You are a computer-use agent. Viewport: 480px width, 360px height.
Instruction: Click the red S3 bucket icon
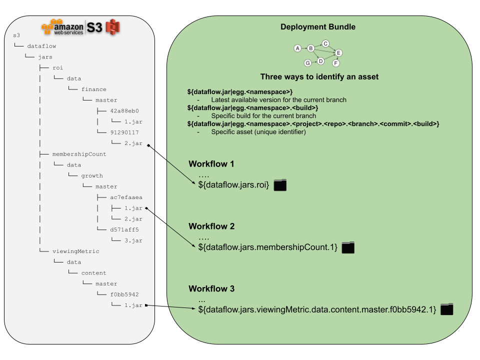point(114,26)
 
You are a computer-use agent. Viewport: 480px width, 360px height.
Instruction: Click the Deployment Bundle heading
point(318,27)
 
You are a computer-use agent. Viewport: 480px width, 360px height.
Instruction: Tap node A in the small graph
point(297,48)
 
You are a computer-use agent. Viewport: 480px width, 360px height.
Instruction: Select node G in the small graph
point(307,63)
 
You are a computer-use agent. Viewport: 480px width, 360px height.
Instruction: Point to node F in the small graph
point(336,63)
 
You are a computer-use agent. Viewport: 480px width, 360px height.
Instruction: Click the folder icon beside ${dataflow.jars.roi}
point(280,185)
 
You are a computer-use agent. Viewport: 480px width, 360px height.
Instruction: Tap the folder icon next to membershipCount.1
point(348,247)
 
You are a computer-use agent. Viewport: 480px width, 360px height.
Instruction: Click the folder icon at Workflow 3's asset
point(446,309)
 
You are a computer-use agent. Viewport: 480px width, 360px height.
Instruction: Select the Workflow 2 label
point(211,226)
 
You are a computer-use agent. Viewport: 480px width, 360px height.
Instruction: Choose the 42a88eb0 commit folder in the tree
point(124,111)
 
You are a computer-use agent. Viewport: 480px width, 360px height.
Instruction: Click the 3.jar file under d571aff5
point(133,240)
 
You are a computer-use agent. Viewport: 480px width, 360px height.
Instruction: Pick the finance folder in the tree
point(94,89)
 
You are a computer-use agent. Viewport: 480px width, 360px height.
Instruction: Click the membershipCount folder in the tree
point(79,154)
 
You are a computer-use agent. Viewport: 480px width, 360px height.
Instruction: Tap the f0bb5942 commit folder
point(124,294)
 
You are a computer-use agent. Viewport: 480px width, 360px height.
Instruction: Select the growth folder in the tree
point(92,175)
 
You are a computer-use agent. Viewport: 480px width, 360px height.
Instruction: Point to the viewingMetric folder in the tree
point(76,251)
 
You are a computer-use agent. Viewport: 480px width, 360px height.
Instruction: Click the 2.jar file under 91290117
point(133,143)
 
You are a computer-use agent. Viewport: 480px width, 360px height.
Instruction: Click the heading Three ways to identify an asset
point(319,77)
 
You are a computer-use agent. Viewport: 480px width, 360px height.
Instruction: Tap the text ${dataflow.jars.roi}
point(233,185)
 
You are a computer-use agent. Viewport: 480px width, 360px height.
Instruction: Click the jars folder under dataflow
point(45,57)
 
